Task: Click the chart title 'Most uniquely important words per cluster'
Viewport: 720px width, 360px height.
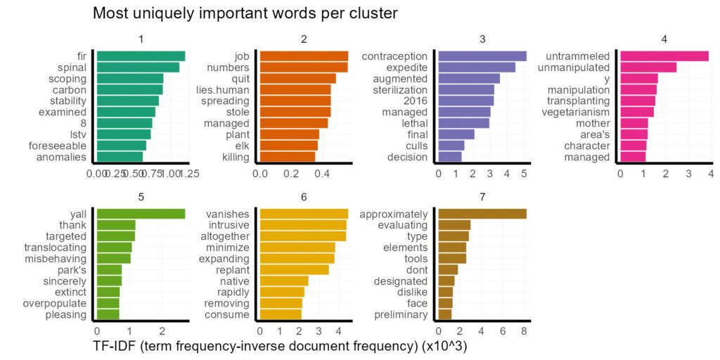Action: click(x=245, y=13)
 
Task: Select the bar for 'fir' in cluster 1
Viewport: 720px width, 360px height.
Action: click(x=141, y=56)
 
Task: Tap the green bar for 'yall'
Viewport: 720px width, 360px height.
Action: click(x=141, y=214)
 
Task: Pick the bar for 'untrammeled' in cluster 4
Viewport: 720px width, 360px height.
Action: click(x=664, y=56)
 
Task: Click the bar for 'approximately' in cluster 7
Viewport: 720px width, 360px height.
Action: click(x=482, y=214)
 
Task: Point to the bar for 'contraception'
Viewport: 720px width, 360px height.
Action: click(x=482, y=56)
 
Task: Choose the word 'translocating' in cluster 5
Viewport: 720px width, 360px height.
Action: click(x=56, y=247)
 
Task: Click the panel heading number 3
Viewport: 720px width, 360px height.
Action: click(x=482, y=39)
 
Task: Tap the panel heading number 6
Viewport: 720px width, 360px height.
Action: click(x=304, y=197)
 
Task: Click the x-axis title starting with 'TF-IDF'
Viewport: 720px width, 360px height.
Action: click(x=279, y=347)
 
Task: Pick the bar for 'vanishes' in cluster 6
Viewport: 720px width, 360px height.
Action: click(x=304, y=214)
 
